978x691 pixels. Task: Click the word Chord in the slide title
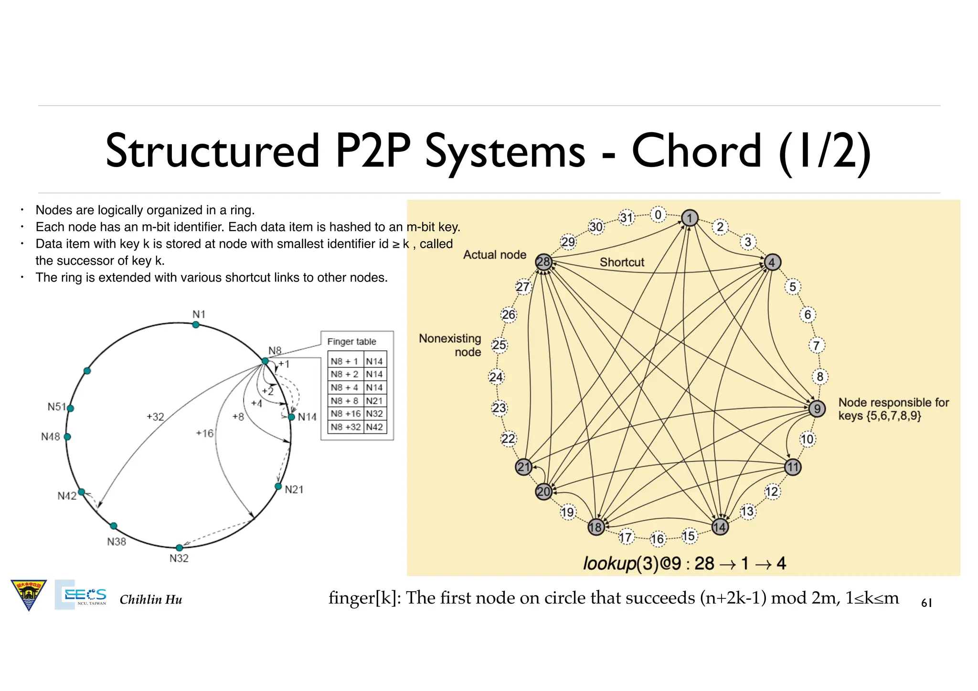coord(696,151)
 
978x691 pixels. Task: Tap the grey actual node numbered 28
coord(543,262)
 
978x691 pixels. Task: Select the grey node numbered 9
coord(817,408)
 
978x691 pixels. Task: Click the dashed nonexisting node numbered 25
coord(499,345)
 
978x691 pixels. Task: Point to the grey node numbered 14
coord(720,527)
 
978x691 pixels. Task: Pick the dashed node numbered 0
coord(658,215)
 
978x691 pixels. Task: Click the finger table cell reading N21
coord(374,401)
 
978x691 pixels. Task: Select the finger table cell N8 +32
coord(345,427)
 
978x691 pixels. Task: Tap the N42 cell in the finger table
coord(374,427)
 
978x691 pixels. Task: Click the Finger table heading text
coord(351,342)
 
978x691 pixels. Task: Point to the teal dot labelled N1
coord(196,325)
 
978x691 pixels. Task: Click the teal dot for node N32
coord(179,547)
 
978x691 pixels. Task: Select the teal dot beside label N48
coord(67,437)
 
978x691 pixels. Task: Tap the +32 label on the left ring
coord(155,417)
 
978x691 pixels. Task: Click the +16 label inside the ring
coord(205,433)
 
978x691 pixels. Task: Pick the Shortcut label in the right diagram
coord(622,262)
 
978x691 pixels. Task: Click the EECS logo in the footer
coord(81,595)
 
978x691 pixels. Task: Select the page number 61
coord(926,603)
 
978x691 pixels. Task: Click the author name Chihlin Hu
coord(151,599)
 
